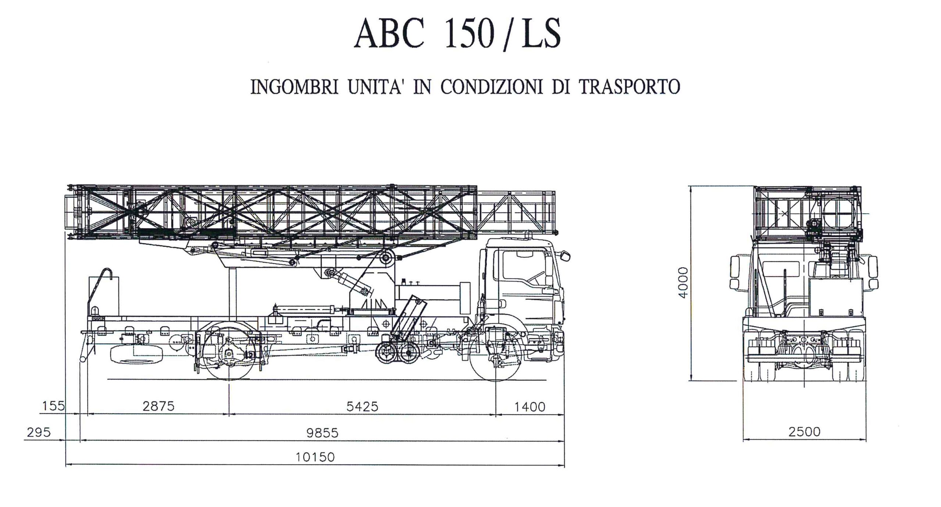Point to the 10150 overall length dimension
coord(315,457)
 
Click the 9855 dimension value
coord(322,433)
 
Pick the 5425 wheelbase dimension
coord(362,406)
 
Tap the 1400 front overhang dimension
coord(529,407)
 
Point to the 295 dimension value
coord(39,432)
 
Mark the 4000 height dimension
coord(683,282)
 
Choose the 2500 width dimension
coord(804,432)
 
